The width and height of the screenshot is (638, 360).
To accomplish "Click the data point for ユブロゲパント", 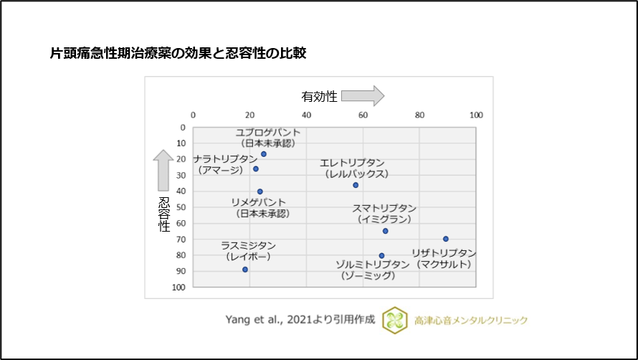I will point(264,154).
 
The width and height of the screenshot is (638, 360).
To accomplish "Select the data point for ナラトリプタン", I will point(256,169).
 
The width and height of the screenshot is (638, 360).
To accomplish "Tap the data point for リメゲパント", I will point(260,191).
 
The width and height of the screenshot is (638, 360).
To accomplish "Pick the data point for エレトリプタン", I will point(356,185).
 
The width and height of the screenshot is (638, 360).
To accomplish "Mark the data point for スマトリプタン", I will point(385,231).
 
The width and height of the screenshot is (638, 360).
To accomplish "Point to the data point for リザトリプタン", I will point(445,239).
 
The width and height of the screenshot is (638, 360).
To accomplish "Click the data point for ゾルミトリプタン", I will point(381,255).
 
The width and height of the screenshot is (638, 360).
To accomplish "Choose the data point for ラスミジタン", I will point(245,270).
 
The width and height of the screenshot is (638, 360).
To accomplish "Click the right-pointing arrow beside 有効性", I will point(368,95).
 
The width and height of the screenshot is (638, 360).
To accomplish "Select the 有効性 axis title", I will point(319,96).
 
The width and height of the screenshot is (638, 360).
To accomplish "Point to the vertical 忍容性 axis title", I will point(164,214).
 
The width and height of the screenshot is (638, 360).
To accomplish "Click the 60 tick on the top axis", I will point(363,115).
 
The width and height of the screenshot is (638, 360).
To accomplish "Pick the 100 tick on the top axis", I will point(476,115).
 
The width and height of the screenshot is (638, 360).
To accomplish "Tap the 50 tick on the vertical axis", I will point(181,207).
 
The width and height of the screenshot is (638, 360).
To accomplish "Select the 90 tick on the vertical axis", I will point(181,271).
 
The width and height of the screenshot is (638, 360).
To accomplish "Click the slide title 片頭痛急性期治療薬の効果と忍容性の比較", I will point(178,53).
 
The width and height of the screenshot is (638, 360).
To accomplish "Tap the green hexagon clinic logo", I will point(392,320).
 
